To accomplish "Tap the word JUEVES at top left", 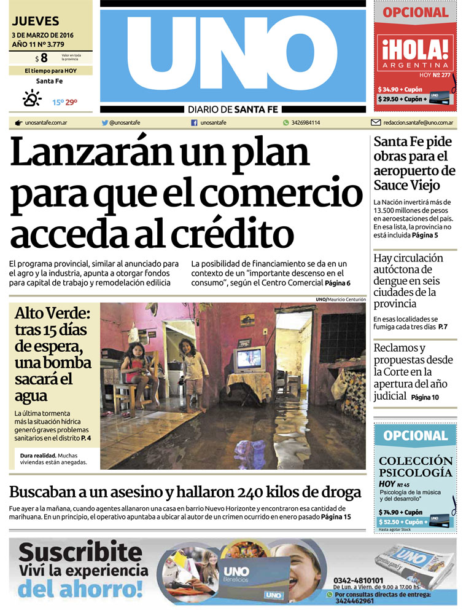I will (x=36, y=21).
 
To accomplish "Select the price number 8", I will (x=44, y=58).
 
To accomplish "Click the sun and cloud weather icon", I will (x=31, y=98).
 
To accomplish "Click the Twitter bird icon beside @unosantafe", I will (x=105, y=122).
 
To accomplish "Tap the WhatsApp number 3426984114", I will (x=305, y=122).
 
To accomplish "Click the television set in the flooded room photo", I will (x=248, y=359).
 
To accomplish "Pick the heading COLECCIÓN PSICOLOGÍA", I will (x=416, y=467).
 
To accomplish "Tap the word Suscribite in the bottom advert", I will (x=80, y=552).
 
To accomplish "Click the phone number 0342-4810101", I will (x=359, y=580).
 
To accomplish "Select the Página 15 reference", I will (x=336, y=517).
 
